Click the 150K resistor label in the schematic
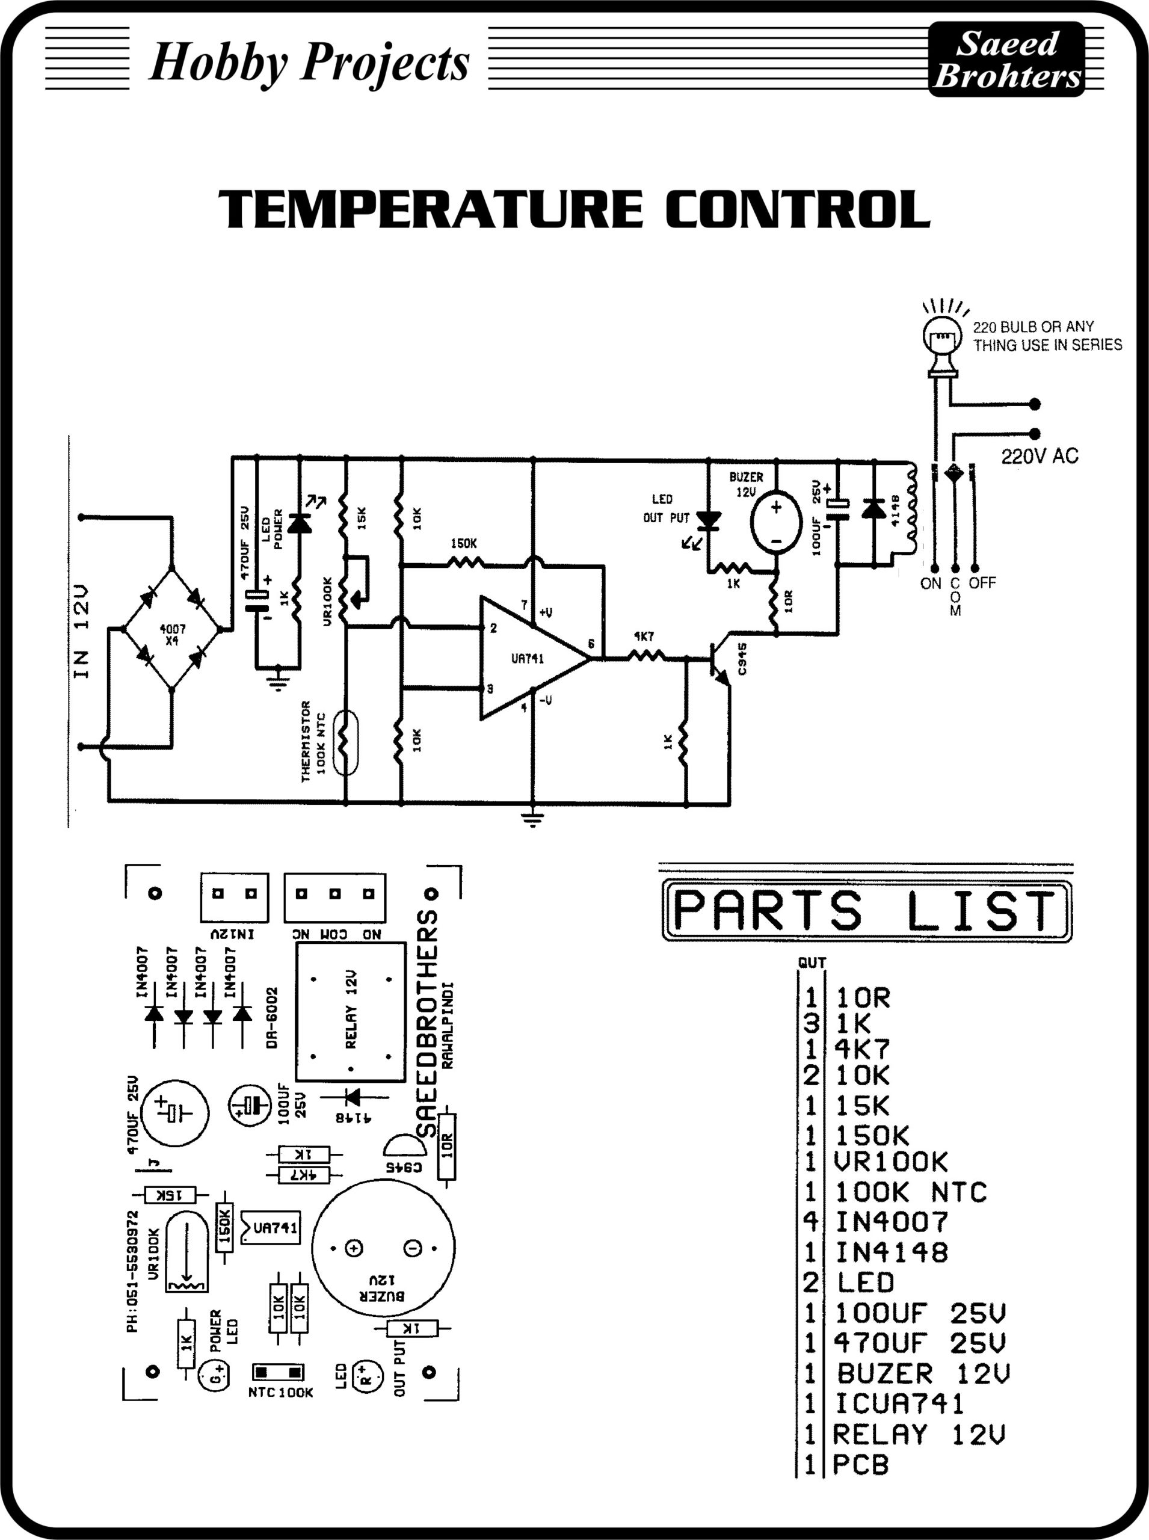pos(463,543)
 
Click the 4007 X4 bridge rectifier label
pos(173,635)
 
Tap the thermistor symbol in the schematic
pos(345,742)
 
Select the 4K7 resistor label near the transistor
pos(643,636)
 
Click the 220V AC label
pos(1039,457)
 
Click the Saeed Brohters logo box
pos(1006,59)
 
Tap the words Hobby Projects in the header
pos(309,63)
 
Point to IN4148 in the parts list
pos(892,1252)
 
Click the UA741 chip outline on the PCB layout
pos(271,1228)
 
